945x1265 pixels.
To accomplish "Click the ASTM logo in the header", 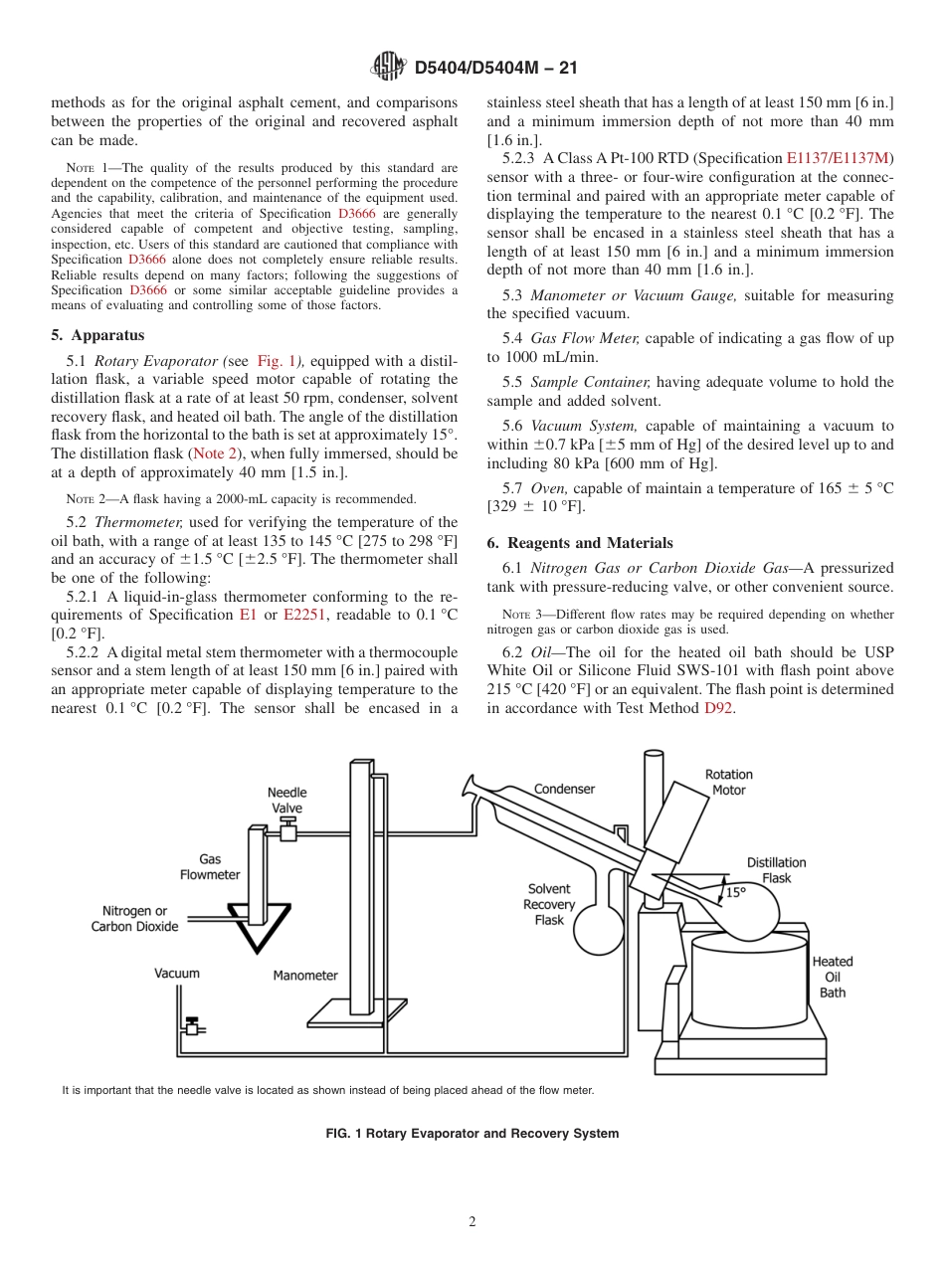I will coord(388,67).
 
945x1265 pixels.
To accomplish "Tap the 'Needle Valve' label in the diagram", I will coord(286,801).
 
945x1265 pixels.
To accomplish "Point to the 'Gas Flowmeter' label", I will coord(210,866).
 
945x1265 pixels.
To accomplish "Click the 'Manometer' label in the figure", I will coord(305,976).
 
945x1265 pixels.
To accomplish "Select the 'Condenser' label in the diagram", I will coord(564,789).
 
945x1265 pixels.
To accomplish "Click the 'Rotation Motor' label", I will coord(728,782).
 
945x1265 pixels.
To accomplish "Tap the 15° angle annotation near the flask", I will coord(735,892).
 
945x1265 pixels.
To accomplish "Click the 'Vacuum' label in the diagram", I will coord(177,974).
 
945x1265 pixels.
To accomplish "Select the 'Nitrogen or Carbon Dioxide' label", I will coord(134,918).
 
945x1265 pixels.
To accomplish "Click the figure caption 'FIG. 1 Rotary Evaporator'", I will coord(472,1134).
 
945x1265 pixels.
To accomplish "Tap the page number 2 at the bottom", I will coord(472,1222).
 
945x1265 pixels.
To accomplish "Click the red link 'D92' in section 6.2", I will coord(718,708).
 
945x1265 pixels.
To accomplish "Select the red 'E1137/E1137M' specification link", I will coord(840,158).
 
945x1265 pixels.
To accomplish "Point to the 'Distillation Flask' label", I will coord(777,870).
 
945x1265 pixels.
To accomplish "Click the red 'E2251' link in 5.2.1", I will coord(304,615).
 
